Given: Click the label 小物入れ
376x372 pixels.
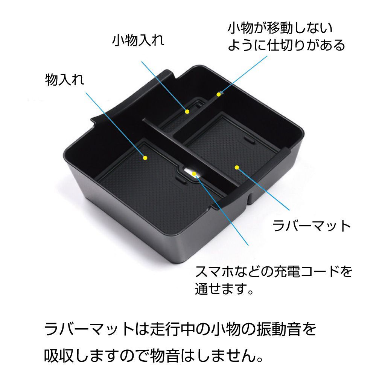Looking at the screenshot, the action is tap(138, 41).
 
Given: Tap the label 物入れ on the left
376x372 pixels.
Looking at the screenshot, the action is tap(64, 80).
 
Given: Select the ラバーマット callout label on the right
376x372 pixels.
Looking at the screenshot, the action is tap(312, 226).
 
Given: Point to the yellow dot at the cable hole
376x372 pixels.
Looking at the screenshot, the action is tap(195, 174).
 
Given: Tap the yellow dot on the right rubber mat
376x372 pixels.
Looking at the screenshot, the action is tap(237, 167).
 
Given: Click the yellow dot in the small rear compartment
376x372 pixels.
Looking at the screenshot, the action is tap(187, 111).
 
